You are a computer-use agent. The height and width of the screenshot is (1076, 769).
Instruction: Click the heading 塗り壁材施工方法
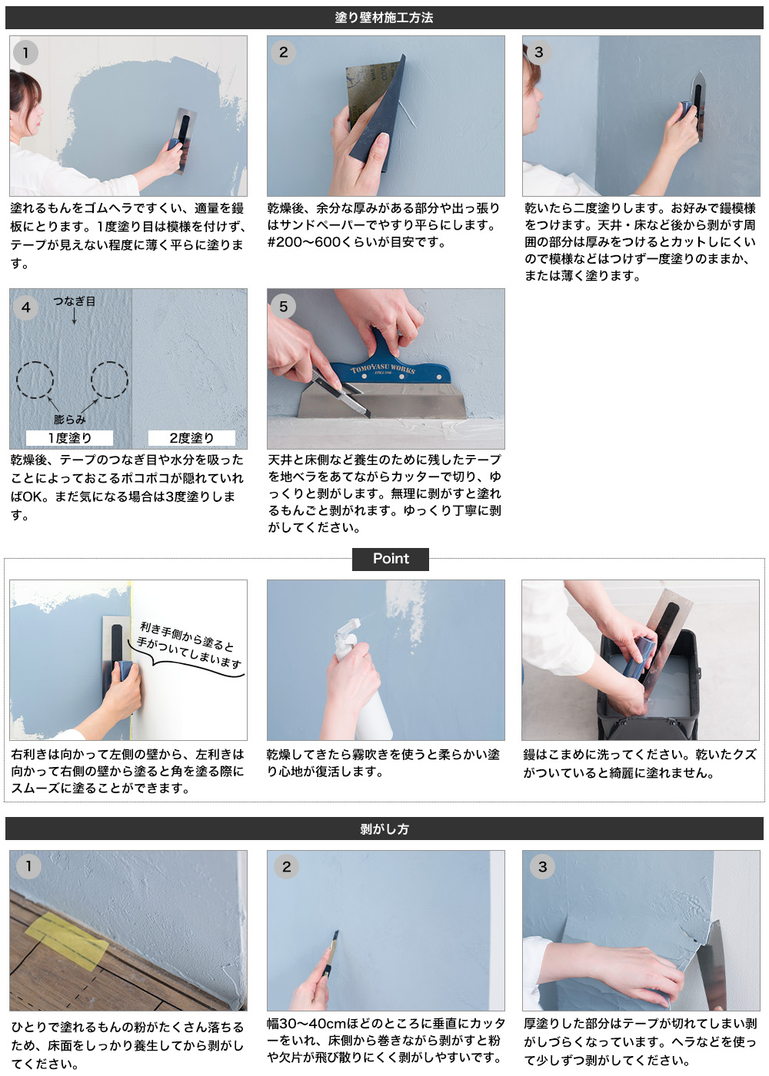pyautogui.click(x=384, y=17)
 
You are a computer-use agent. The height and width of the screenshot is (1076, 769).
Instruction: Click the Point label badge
pyautogui.click(x=391, y=559)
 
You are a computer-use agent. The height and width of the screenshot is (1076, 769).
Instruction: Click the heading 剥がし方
pyautogui.click(x=384, y=829)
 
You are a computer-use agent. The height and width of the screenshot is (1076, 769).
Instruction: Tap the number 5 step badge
pyautogui.click(x=283, y=306)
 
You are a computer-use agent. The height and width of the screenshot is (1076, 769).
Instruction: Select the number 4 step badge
pyautogui.click(x=25, y=307)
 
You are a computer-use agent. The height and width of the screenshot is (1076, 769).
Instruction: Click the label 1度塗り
pyautogui.click(x=69, y=438)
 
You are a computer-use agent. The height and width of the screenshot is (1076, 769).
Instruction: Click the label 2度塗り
pyautogui.click(x=191, y=438)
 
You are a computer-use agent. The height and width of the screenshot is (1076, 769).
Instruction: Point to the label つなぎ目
pyautogui.click(x=74, y=301)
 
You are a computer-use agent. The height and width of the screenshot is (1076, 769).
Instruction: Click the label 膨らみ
pyautogui.click(x=69, y=420)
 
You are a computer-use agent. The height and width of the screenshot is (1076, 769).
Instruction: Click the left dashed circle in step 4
pyautogui.click(x=35, y=380)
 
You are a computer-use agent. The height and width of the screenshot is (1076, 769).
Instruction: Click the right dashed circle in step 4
pyautogui.click(x=109, y=380)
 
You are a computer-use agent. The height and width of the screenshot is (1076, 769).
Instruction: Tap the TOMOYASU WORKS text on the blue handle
pyautogui.click(x=383, y=370)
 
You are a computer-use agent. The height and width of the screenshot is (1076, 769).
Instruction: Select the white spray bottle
pyautogui.click(x=361, y=684)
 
